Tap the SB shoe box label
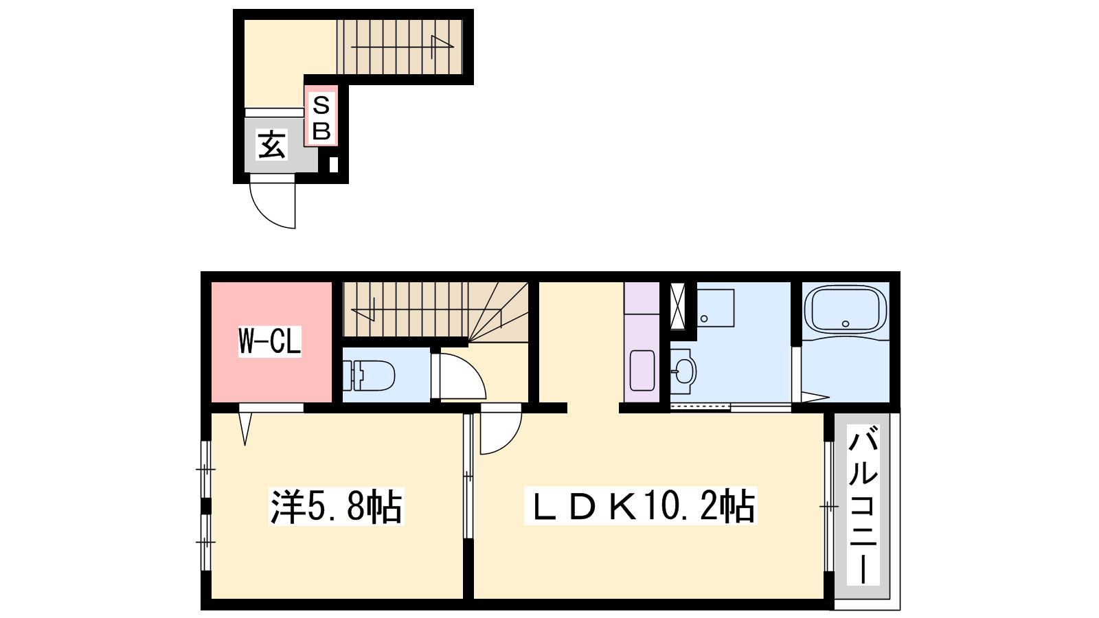pyautogui.click(x=321, y=117)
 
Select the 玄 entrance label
pyautogui.click(x=271, y=144)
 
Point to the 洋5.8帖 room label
pyautogui.click(x=336, y=506)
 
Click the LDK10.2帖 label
pyautogui.click(x=641, y=505)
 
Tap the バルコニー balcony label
pyautogui.click(x=863, y=505)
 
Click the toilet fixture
pyautogui.click(x=369, y=375)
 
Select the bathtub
pyautogui.click(x=846, y=310)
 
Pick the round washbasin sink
pyautogui.click(x=683, y=371)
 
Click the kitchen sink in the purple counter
pyautogui.click(x=642, y=370)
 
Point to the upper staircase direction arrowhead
pyautogui.click(x=442, y=43)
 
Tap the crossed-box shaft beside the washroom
pyautogui.click(x=677, y=306)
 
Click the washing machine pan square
pyautogui.click(x=716, y=308)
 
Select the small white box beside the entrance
pyautogui.click(x=334, y=164)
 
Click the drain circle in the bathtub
pyautogui.click(x=846, y=323)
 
